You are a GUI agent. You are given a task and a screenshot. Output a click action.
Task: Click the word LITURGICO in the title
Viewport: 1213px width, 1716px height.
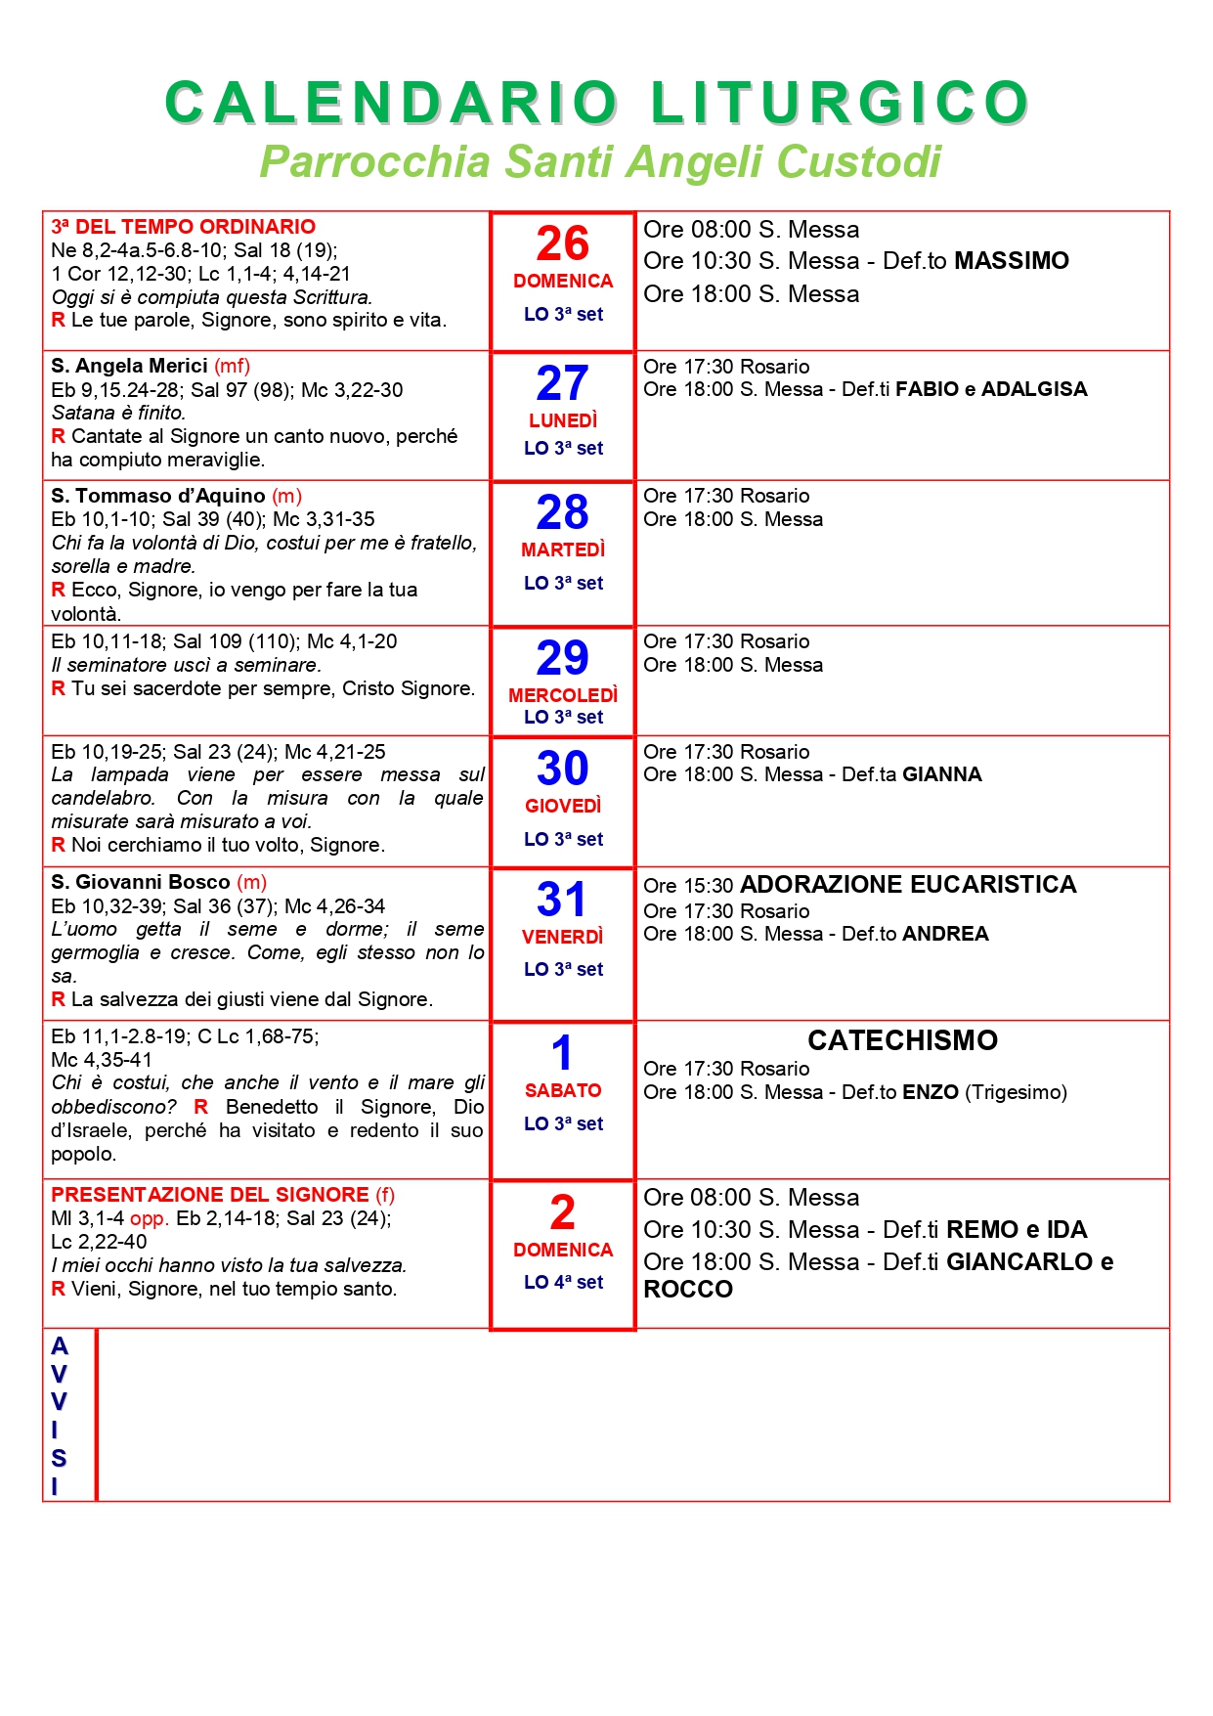840,103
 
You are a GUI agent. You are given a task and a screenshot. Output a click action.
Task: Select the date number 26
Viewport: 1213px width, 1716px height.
563,243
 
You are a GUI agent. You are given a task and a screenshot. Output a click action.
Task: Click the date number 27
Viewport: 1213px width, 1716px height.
563,382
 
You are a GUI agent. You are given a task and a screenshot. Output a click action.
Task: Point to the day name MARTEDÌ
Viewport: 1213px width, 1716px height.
563,550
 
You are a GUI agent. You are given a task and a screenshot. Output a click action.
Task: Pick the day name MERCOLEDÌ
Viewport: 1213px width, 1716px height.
563,695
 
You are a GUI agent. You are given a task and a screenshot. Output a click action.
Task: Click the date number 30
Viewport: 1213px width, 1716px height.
563,769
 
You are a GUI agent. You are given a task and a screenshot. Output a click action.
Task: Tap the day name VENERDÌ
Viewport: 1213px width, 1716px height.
563,937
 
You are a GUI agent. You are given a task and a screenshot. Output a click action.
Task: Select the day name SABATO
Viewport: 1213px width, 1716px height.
563,1090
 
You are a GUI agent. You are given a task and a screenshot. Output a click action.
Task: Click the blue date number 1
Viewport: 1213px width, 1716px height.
562,1053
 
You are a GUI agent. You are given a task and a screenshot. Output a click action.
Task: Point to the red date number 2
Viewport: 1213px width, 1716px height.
563,1212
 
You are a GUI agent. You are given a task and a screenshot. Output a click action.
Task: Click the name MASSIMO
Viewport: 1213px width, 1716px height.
1012,261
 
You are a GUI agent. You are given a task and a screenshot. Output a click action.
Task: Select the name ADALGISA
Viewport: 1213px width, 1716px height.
1034,389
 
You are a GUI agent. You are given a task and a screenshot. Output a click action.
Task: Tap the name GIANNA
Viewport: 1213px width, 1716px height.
942,774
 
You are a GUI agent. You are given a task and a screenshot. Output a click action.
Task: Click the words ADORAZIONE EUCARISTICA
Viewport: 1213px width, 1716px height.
908,885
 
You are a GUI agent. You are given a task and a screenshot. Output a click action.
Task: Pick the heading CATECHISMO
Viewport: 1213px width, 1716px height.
902,1040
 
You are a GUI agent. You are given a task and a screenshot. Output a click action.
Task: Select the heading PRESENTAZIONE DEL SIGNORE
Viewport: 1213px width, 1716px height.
210,1195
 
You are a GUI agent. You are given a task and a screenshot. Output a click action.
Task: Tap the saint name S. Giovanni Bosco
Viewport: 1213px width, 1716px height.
141,882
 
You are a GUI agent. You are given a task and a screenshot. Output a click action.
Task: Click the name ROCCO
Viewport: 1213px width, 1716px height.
688,1290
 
